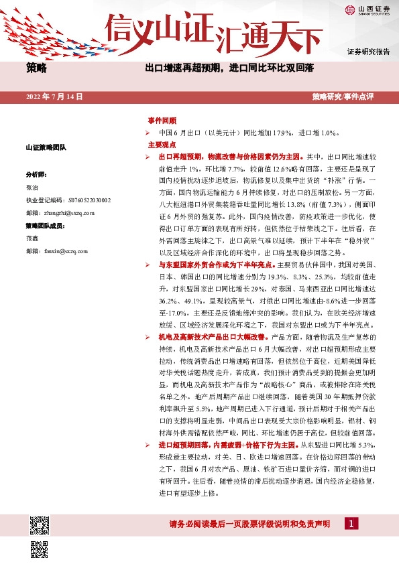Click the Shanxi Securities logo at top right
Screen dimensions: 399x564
367,9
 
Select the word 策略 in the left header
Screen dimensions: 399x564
37,68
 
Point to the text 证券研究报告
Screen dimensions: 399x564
368,52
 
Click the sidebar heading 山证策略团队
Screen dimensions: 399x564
46,147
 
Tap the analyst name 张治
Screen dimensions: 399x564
32,187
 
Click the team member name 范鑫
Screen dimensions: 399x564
32,238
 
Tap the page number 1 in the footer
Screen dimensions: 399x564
351,522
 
